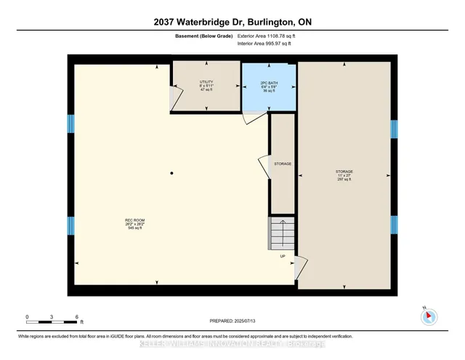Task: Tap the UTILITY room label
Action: pos(206,84)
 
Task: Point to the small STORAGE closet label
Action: pos(282,164)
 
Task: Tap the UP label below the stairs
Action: pos(282,256)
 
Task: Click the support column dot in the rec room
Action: pos(171,172)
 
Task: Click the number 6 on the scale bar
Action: pos(77,317)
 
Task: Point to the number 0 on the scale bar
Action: pos(27,317)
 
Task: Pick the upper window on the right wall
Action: pos(393,129)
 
